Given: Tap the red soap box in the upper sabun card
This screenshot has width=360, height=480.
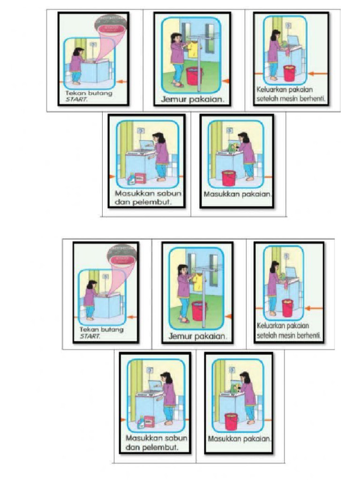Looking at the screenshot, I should (141, 178).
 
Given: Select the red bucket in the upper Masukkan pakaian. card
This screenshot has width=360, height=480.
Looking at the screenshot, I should (229, 178).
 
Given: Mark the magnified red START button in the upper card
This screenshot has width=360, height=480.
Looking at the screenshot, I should (111, 29).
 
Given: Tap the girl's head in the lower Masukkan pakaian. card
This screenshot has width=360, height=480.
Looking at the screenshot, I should (245, 376).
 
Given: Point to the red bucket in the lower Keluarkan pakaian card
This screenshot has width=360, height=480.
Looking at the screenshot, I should (287, 307).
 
